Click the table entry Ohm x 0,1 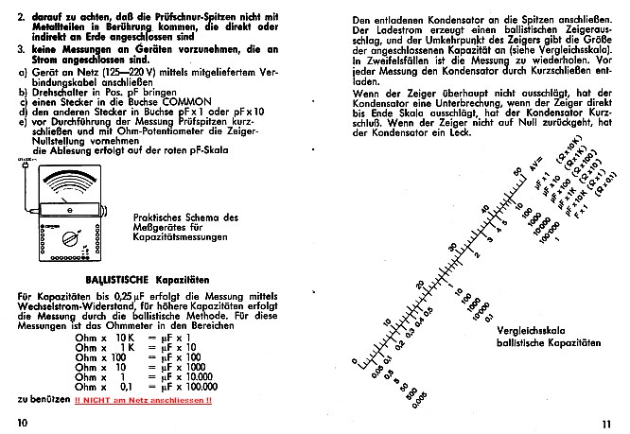point(98,387)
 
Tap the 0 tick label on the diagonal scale point(354,360)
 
